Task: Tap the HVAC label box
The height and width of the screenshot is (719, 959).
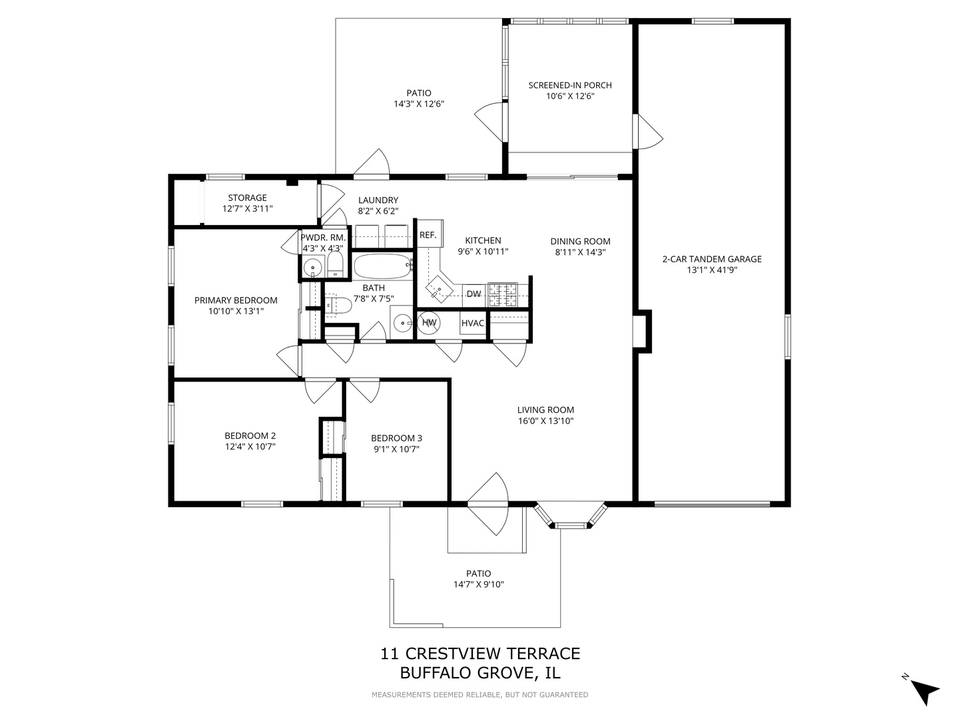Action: click(x=473, y=324)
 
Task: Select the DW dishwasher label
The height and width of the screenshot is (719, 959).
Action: click(x=474, y=294)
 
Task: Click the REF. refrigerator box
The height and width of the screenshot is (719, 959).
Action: click(x=428, y=235)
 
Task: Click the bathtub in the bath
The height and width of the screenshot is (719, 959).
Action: click(x=382, y=266)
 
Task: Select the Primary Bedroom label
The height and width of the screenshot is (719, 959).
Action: click(x=236, y=300)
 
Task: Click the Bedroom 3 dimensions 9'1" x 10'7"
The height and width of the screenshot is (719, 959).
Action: click(x=396, y=449)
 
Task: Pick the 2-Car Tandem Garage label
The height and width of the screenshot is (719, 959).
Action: click(x=712, y=259)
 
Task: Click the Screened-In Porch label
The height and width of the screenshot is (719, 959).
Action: click(x=570, y=85)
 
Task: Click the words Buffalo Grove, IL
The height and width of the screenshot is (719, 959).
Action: click(x=479, y=673)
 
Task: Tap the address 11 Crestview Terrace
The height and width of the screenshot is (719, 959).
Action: click(x=479, y=654)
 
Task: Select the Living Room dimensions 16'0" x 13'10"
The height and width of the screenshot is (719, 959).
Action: click(x=545, y=421)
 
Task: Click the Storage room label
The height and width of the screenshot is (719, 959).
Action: click(x=247, y=198)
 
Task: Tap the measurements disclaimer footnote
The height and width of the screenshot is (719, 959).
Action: click(x=479, y=695)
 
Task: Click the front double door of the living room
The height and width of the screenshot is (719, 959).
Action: click(x=488, y=505)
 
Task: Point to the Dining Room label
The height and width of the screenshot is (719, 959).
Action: click(x=580, y=242)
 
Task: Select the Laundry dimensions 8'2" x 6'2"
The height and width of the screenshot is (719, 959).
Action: click(x=378, y=211)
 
